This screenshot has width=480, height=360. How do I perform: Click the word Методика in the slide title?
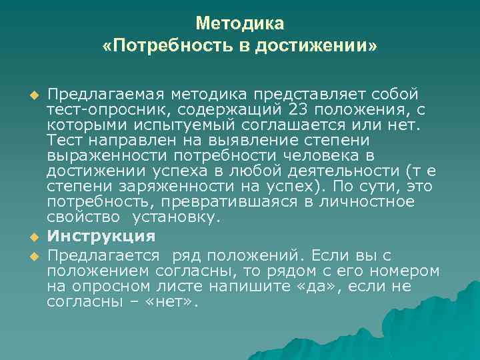click(x=240, y=23)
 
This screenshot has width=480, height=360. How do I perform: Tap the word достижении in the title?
click(x=321, y=46)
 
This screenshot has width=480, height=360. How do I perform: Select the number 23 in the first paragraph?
click(x=301, y=108)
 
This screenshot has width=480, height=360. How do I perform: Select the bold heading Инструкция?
click(x=101, y=237)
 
